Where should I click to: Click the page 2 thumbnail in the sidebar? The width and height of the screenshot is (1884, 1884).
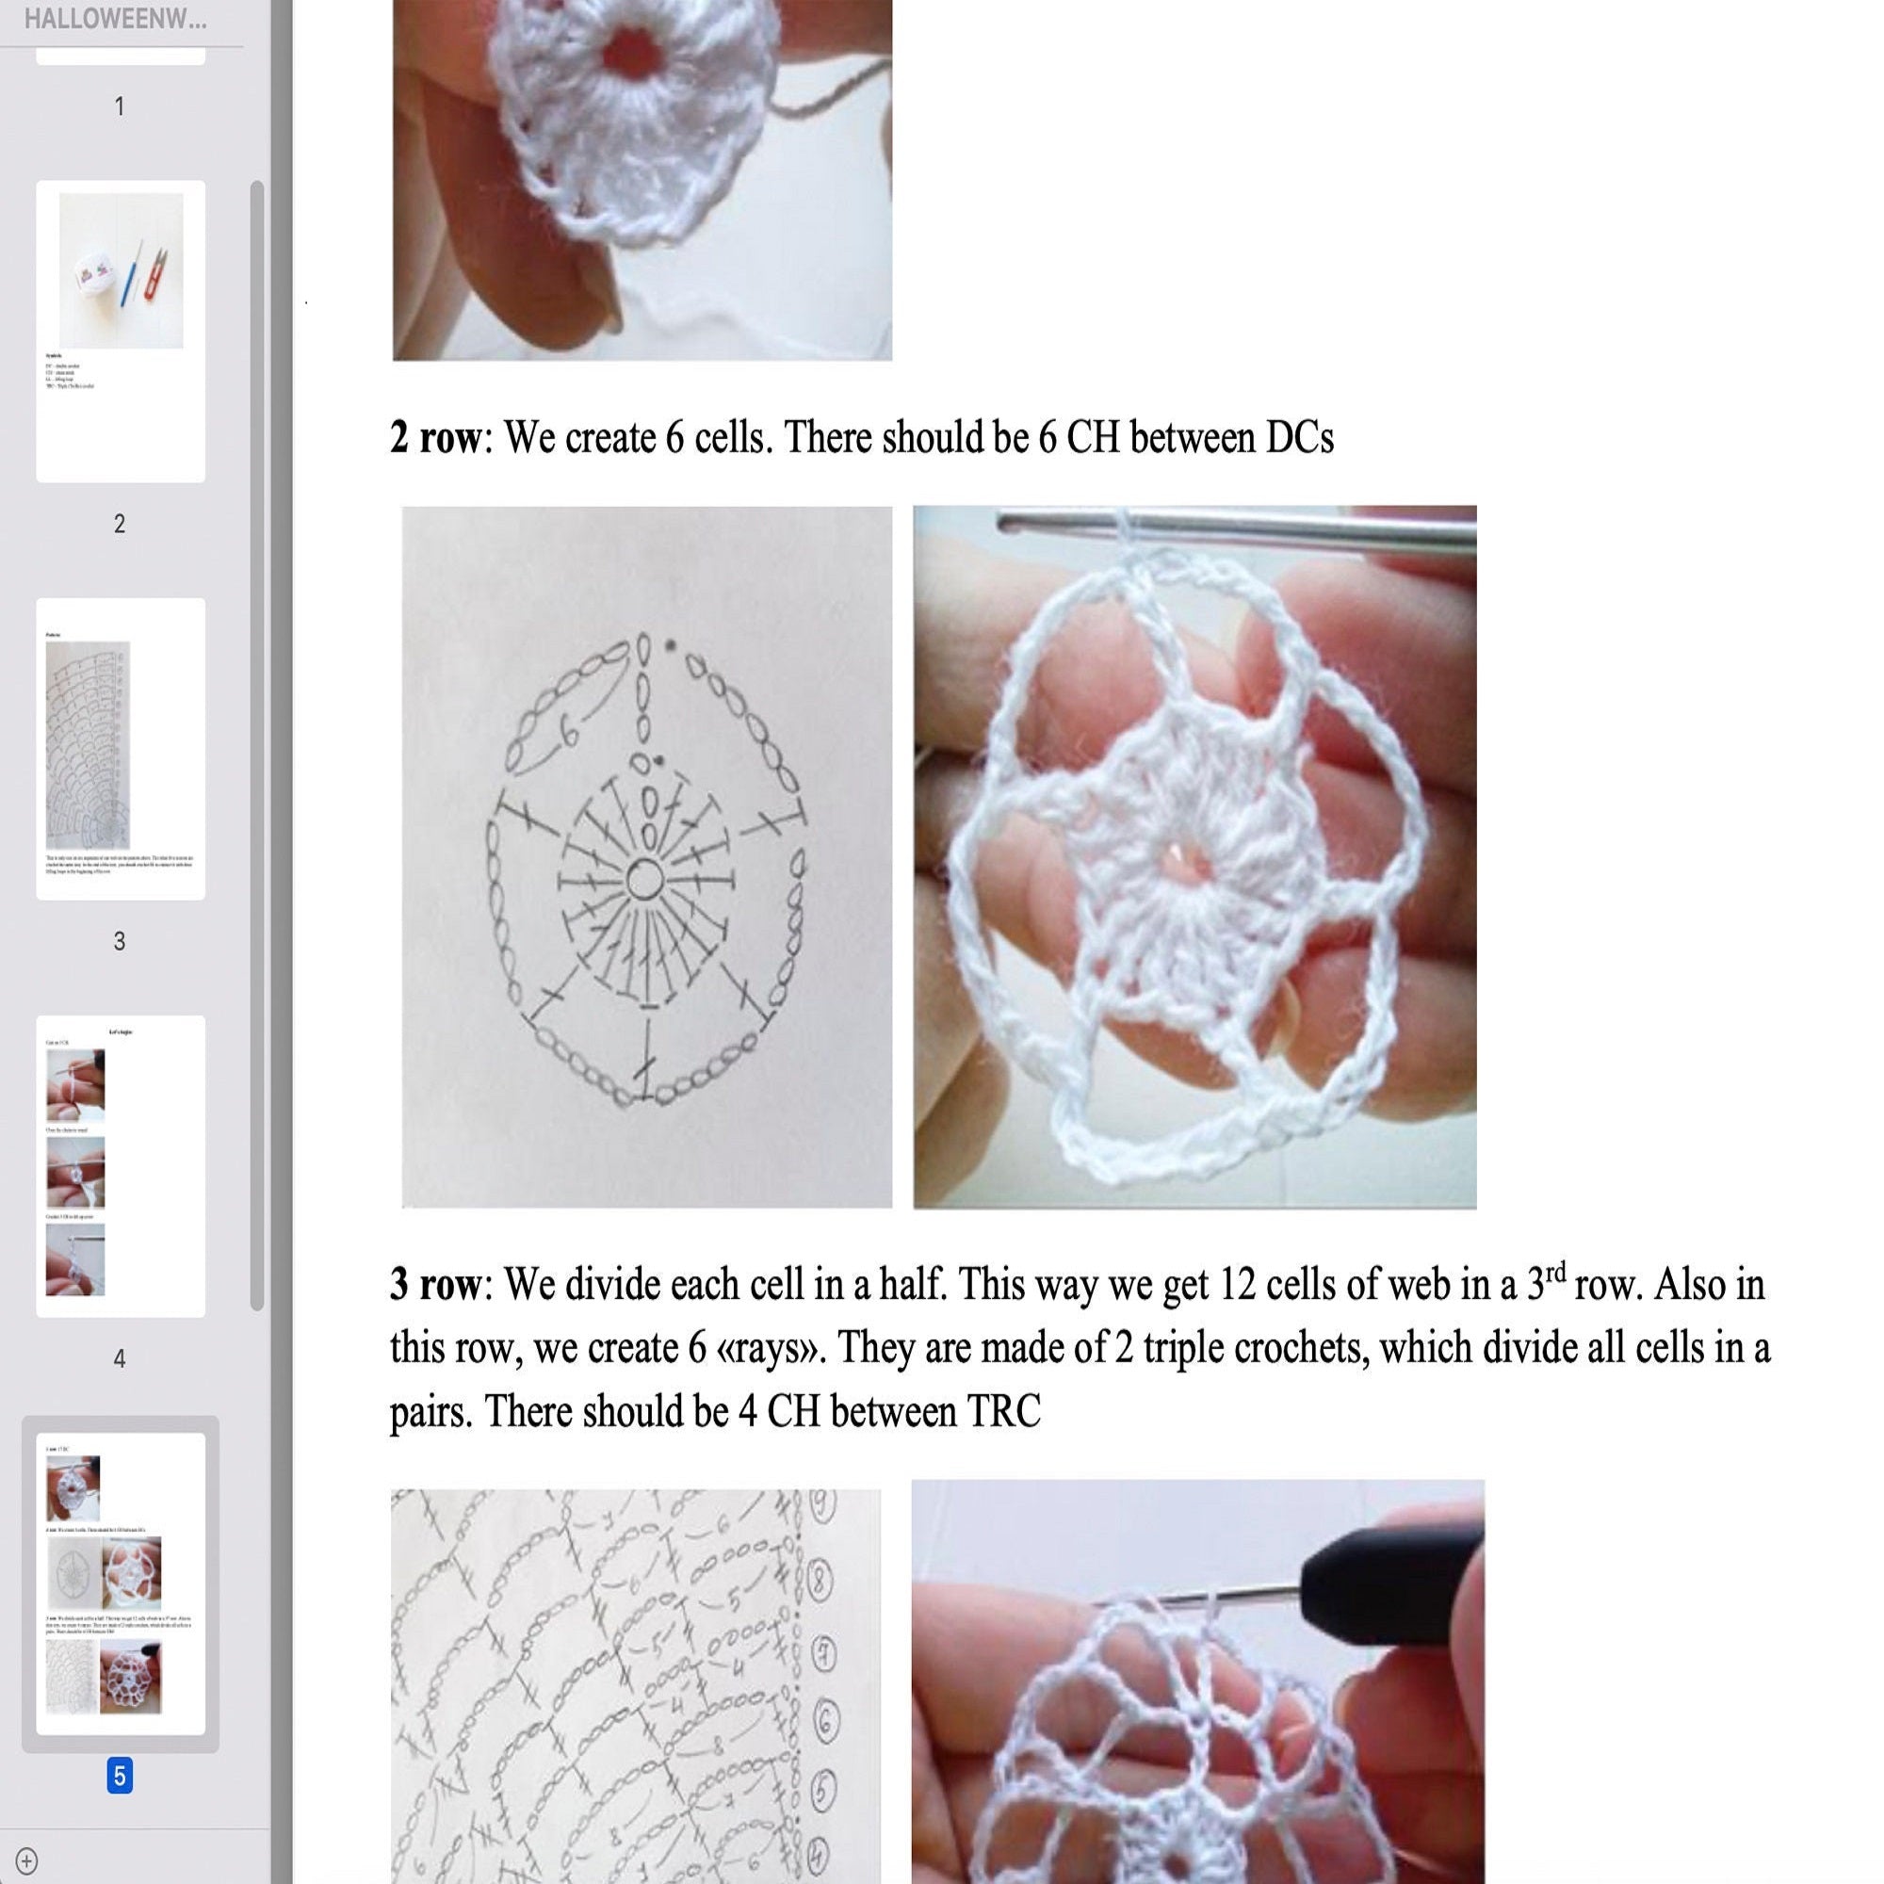coord(120,331)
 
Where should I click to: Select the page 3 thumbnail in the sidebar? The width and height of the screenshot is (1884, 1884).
coord(120,748)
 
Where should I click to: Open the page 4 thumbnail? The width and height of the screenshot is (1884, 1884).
coord(120,1165)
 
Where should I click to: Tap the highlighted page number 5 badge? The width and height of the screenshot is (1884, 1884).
coord(119,1776)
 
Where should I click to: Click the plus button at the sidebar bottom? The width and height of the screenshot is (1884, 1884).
coord(27,1860)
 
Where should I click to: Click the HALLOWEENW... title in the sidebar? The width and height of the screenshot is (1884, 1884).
coord(115,19)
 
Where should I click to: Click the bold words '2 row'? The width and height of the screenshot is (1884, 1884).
coord(435,438)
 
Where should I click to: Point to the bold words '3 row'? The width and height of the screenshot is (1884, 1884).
coord(435,1285)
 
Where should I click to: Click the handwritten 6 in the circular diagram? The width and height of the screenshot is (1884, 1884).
coord(569,729)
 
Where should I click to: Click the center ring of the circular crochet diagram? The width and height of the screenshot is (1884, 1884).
coord(642,880)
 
